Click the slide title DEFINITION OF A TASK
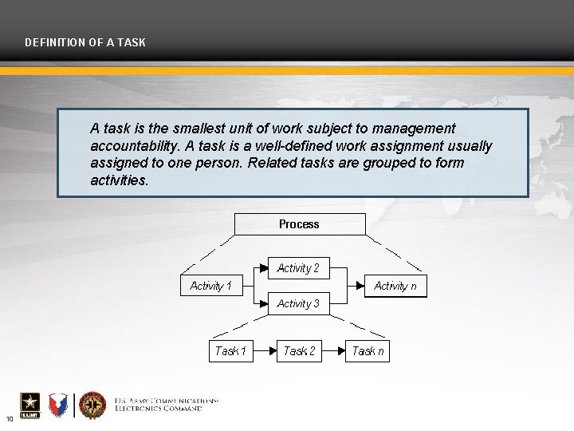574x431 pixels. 85,42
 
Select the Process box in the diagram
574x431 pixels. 299,224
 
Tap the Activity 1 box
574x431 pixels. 211,286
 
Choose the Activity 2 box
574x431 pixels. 298,268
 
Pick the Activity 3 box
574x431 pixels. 298,303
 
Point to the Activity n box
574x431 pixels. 395,286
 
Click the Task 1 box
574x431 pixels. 231,351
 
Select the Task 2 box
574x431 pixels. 300,351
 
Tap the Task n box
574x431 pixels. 368,351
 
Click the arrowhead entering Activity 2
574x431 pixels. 263,269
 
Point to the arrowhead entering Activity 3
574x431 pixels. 263,303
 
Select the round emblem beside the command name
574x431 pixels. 92,405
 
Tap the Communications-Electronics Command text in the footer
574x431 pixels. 166,405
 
